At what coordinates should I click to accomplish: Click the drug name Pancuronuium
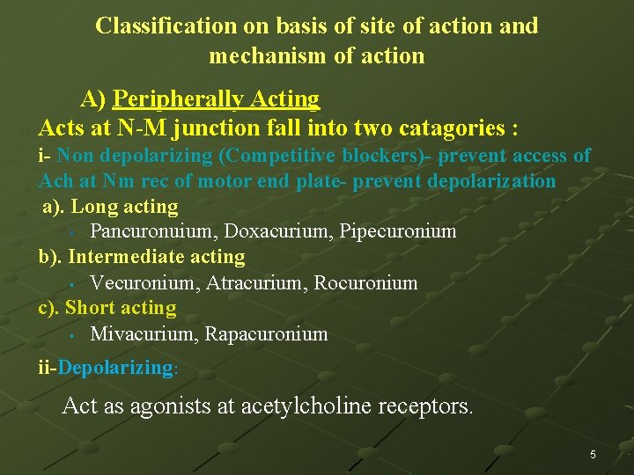154,231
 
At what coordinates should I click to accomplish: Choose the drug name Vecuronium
144,283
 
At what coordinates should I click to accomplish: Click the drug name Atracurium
250,283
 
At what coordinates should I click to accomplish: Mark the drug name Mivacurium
144,334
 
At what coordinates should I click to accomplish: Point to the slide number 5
593,455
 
